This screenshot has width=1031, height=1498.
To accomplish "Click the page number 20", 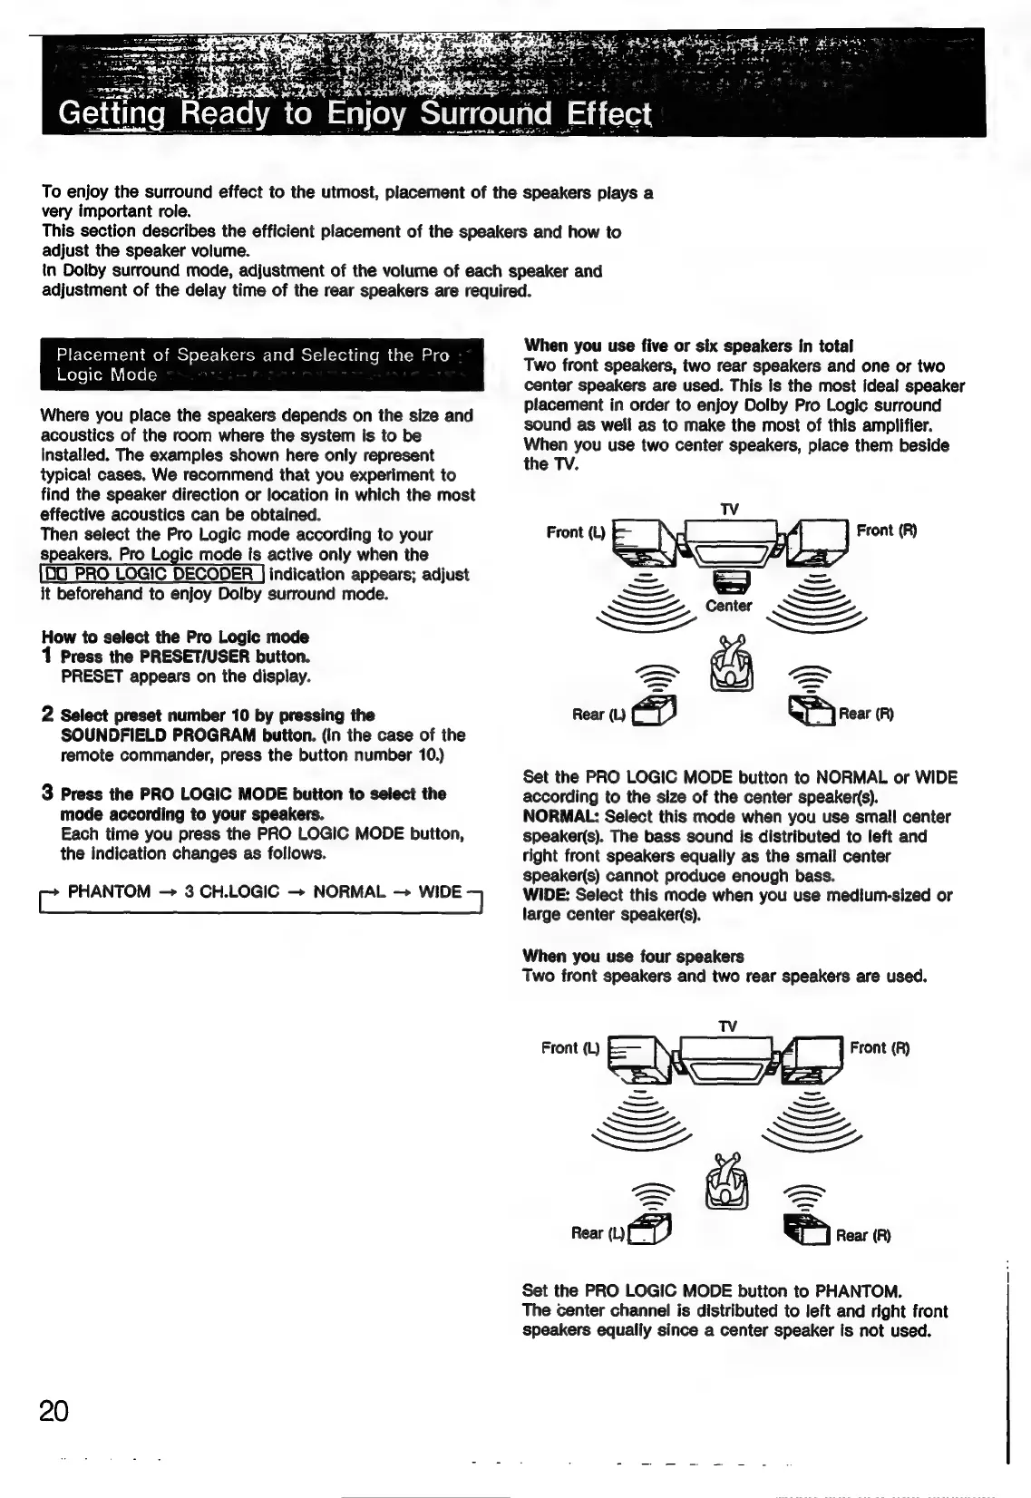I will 54,1411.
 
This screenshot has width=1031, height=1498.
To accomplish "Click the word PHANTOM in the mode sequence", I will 109,891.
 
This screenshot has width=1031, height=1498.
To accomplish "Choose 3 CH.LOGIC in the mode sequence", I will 231,891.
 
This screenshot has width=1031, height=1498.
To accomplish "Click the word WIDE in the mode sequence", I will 440,891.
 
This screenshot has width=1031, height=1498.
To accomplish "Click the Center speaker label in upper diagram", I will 728,606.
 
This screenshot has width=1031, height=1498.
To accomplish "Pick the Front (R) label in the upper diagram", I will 887,530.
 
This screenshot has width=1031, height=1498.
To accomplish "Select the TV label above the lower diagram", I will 727,1026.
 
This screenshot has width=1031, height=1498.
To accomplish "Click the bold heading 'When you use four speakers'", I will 633,957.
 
